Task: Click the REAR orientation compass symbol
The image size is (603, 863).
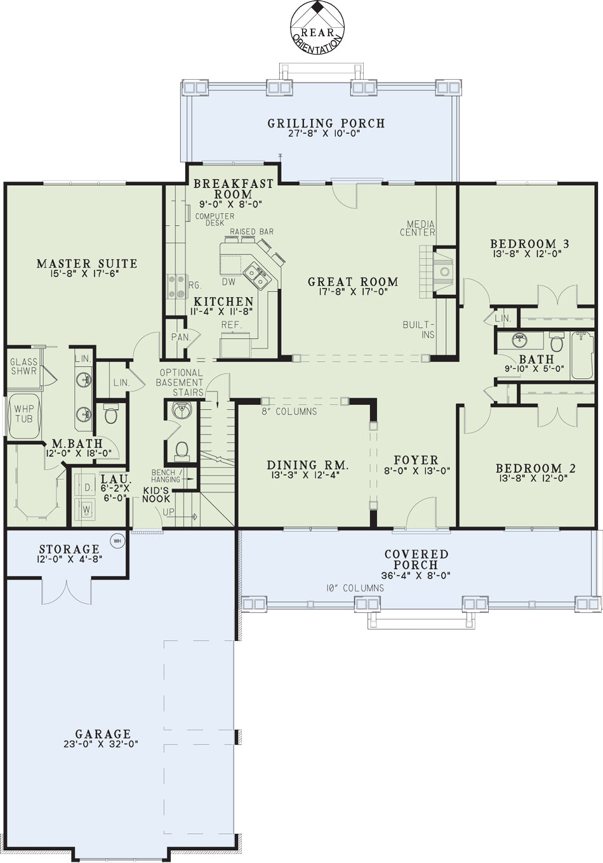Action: coord(317,28)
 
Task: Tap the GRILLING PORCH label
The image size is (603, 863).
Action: coord(326,123)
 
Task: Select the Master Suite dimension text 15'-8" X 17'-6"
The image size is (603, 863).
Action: coord(86,273)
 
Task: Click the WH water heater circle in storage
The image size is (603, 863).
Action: coord(117,541)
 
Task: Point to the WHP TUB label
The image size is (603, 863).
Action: coord(24,413)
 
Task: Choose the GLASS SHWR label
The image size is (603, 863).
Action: coord(24,366)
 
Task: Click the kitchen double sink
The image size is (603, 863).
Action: coord(255,276)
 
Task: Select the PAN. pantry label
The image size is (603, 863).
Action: coord(181,337)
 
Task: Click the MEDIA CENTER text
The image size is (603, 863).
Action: coord(418,228)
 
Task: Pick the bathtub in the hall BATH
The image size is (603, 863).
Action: coord(582,355)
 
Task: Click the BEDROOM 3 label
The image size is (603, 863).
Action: coord(529,244)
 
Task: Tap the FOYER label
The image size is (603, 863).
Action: coord(416,460)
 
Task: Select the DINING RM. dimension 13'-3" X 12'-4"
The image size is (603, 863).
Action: coord(305,475)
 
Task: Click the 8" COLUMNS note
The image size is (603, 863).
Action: coord(289,411)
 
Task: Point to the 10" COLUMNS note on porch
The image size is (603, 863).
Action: coord(355,588)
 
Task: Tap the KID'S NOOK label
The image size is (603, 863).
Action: coord(156,495)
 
